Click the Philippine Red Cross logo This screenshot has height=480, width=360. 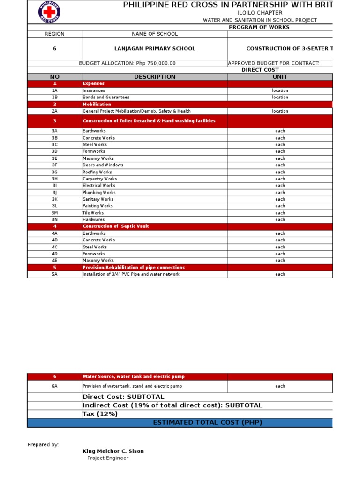pos(49,12)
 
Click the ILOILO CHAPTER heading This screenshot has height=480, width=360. pos(260,13)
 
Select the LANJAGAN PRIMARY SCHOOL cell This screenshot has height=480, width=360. pos(155,49)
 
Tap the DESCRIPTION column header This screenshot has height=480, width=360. pos(155,77)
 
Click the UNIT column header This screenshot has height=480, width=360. pos(280,77)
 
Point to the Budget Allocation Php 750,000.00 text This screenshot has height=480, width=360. pos(127,63)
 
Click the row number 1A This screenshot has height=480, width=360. pos(54,90)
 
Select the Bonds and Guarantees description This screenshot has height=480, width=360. pos(106,97)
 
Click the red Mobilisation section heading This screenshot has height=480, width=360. pos(97,104)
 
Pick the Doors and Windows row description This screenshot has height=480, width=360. pos(103,165)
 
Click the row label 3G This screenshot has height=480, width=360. pos(54,172)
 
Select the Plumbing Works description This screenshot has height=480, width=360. pos(99,192)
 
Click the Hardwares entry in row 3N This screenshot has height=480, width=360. pos(94,219)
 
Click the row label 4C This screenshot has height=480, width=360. pos(54,247)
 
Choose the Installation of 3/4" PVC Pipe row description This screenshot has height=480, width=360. pos(131,274)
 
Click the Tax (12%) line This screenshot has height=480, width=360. pos(100,414)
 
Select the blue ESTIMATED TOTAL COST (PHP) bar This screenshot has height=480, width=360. pos(207,423)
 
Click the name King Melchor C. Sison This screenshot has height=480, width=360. pos(113,451)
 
